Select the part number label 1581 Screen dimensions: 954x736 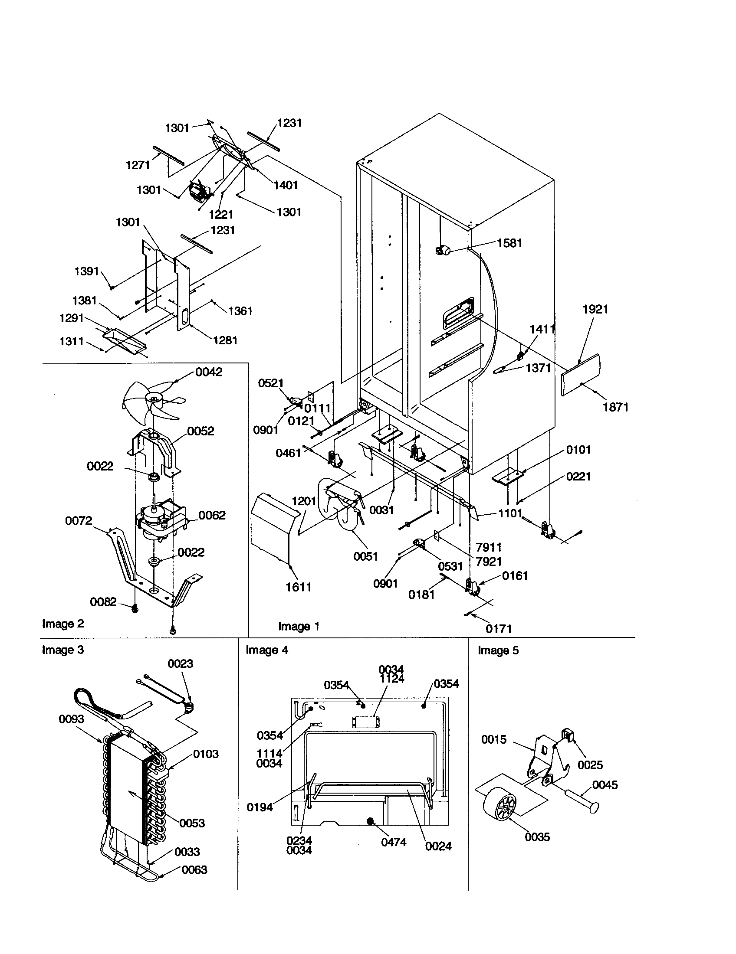tap(509, 243)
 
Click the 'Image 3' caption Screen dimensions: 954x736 tap(62, 650)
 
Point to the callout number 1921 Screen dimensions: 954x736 tap(595, 309)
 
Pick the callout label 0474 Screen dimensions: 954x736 tap(393, 842)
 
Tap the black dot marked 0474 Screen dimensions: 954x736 tap(371, 821)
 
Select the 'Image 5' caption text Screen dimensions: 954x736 tap(498, 650)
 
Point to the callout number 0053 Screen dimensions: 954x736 tap(192, 823)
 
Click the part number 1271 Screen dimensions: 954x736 tap(138, 165)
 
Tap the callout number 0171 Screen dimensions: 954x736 tap(498, 629)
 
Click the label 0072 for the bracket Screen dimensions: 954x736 tap(79, 521)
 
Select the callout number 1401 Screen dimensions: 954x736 tap(286, 185)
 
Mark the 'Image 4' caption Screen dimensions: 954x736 tap(266, 650)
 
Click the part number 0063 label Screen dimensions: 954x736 tap(194, 870)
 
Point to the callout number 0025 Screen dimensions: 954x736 tap(590, 765)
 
